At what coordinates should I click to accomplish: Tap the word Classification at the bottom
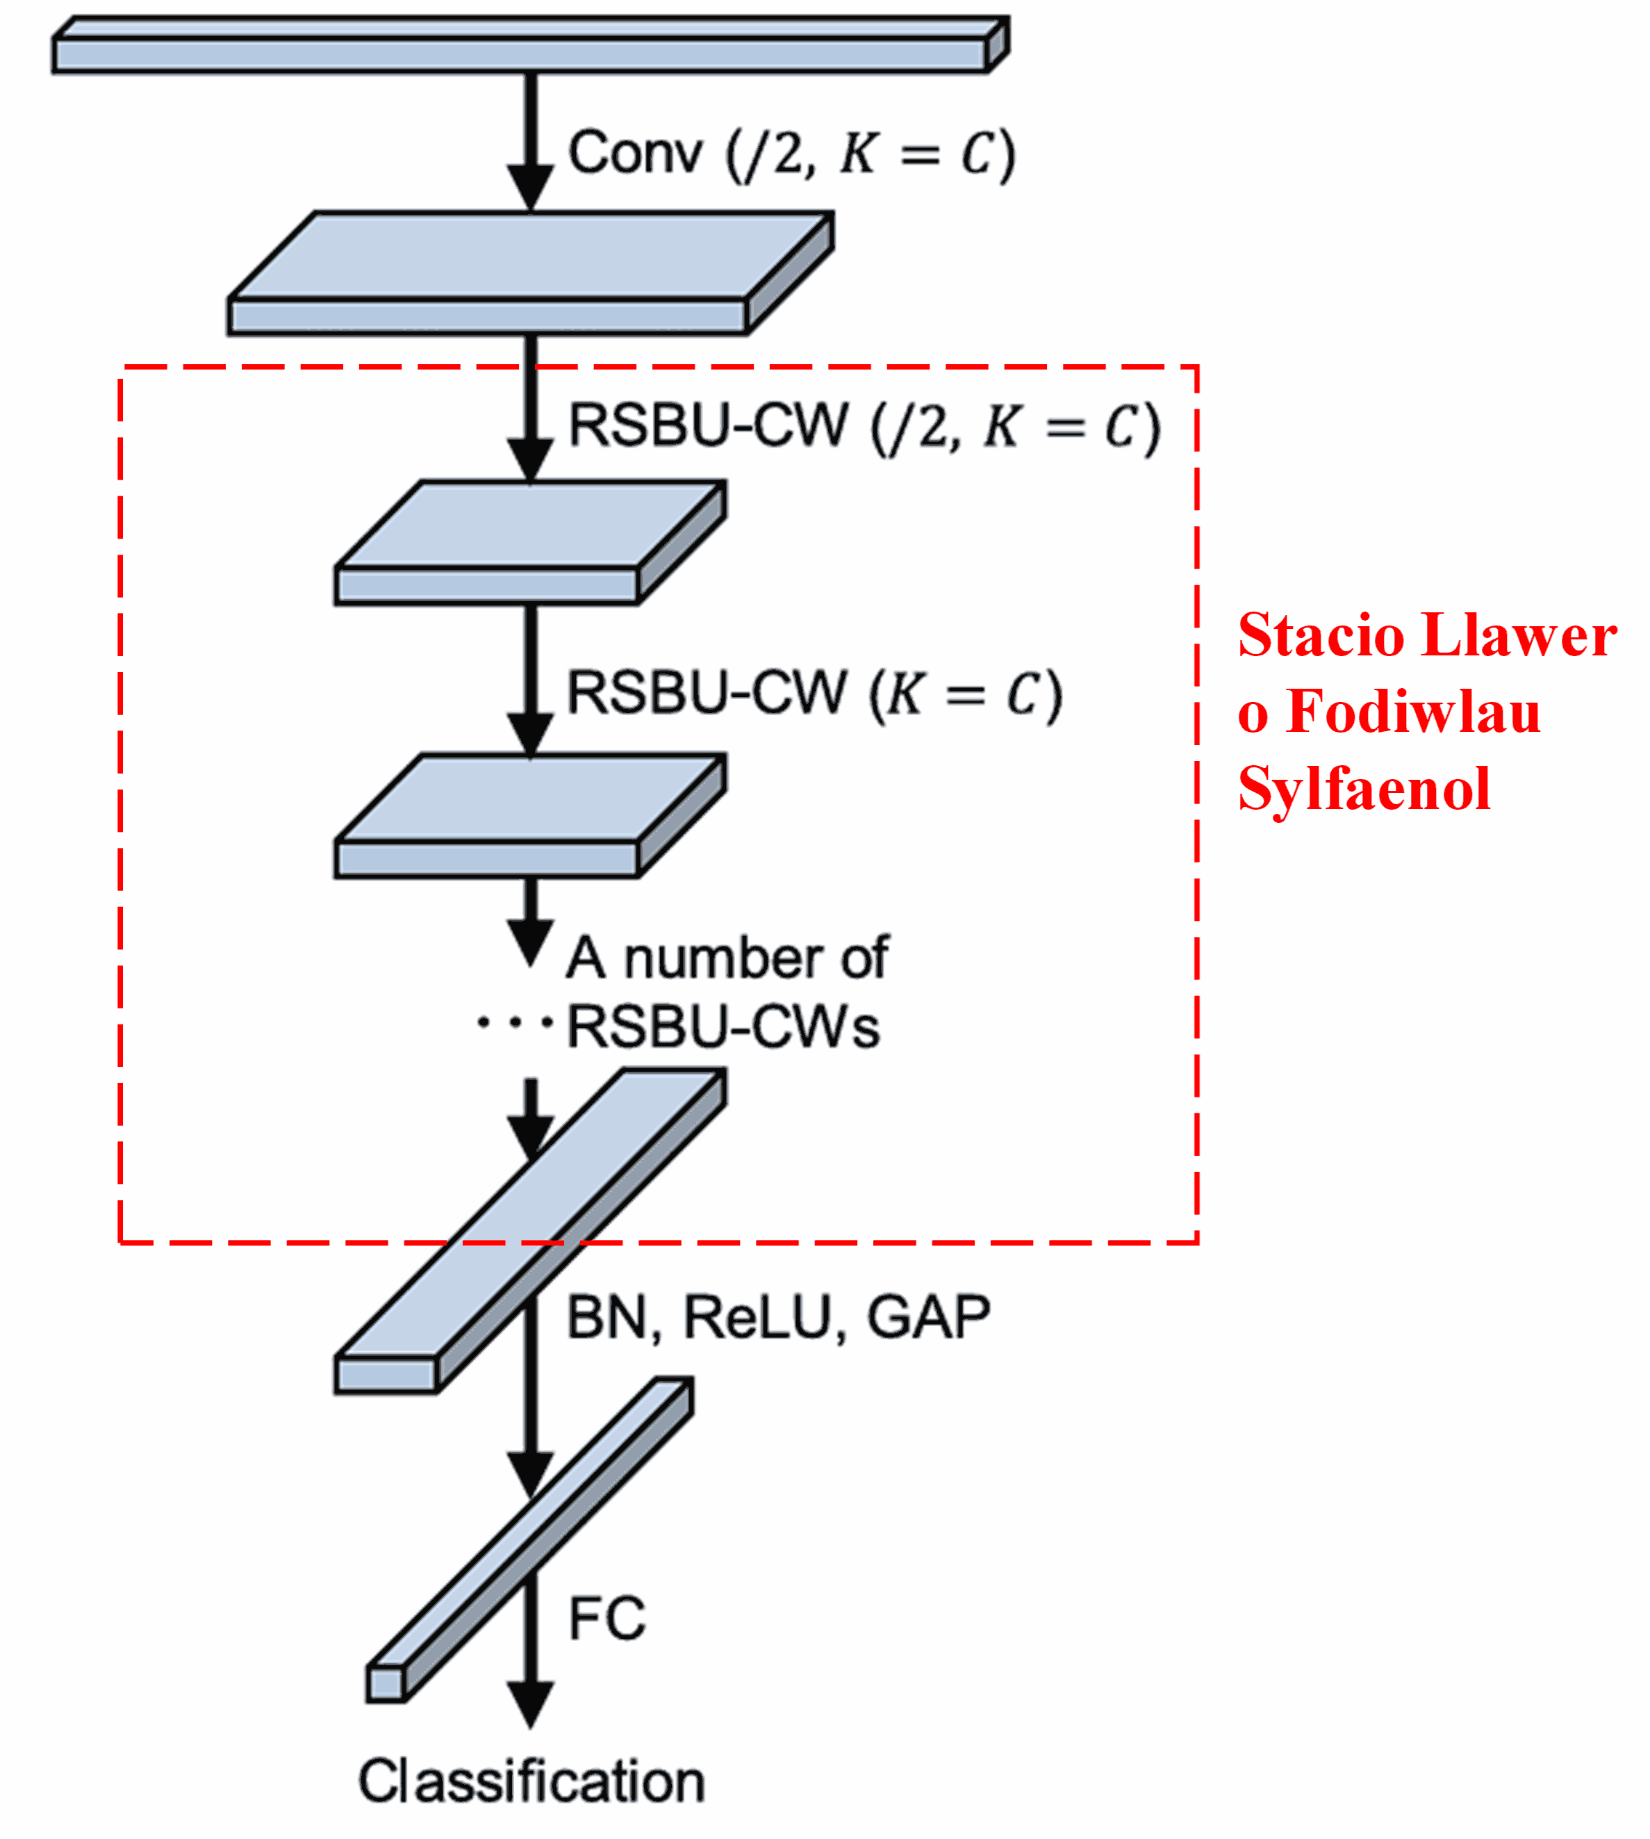(x=531, y=1782)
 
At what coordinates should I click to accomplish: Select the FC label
(x=607, y=1619)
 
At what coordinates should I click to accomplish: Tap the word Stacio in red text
(x=1321, y=636)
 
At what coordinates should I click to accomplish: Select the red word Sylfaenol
(x=1364, y=789)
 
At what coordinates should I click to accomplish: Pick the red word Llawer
(x=1519, y=636)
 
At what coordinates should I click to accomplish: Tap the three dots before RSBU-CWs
(x=514, y=1023)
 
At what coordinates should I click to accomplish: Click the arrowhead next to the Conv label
(x=530, y=188)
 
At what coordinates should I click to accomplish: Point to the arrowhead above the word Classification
(x=530, y=1703)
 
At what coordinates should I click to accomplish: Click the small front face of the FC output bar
(x=386, y=1685)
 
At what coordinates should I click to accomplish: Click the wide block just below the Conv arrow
(x=530, y=272)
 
